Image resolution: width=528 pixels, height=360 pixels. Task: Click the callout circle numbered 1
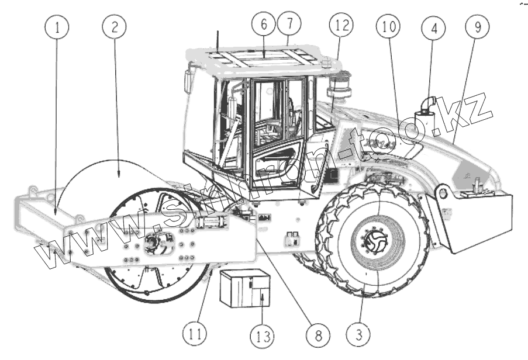click(58, 26)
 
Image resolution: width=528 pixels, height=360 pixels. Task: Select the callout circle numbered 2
click(113, 26)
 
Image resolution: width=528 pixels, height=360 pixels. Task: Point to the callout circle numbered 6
click(264, 25)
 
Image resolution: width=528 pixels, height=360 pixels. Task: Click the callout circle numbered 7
click(289, 24)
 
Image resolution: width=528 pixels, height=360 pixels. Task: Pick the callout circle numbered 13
click(262, 336)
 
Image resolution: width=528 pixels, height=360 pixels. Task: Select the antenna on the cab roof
click(218, 39)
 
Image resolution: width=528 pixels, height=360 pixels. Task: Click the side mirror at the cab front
click(188, 81)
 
